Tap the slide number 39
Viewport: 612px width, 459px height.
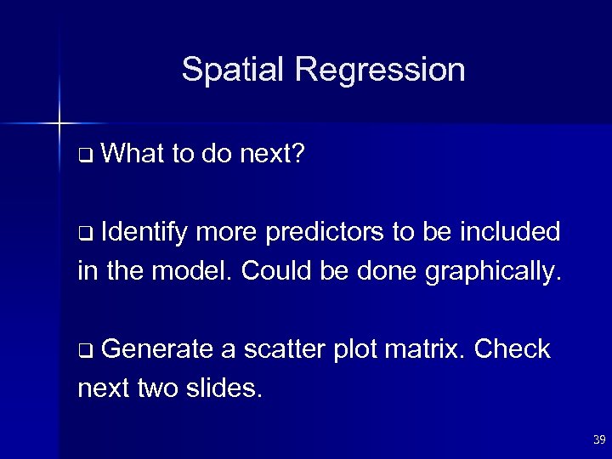(598, 439)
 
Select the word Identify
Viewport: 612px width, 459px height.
(150, 231)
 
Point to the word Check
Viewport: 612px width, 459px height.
(513, 348)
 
